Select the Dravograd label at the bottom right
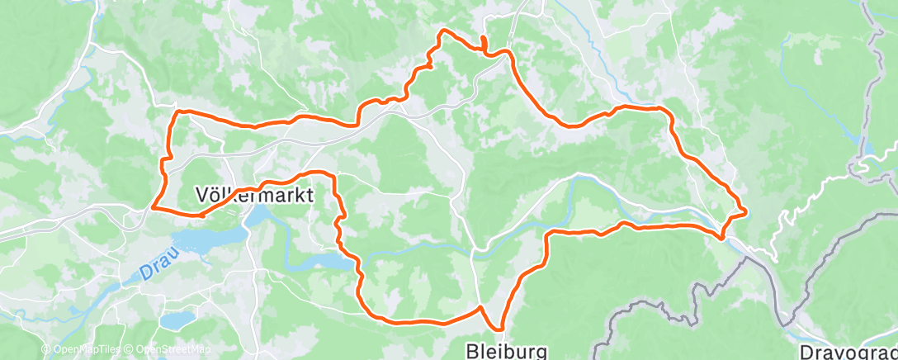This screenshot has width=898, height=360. click(x=850, y=350)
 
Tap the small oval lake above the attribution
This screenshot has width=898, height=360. click(x=176, y=319)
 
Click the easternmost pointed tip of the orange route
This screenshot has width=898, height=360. click(x=746, y=211)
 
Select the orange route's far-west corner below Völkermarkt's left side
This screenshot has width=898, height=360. click(x=154, y=206)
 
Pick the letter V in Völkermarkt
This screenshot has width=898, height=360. click(x=201, y=195)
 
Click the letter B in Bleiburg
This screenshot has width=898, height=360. click(x=473, y=350)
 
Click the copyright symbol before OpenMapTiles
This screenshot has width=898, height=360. click(x=45, y=349)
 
